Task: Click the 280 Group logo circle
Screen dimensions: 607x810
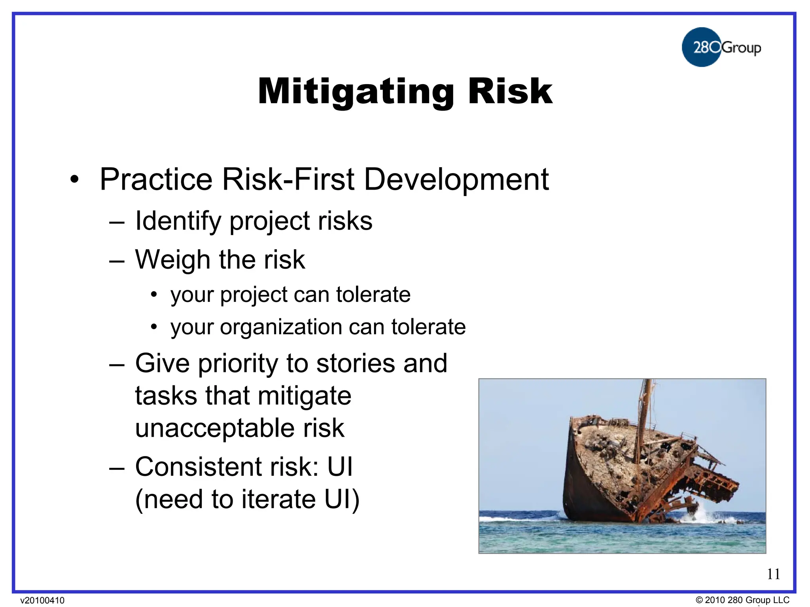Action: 701,47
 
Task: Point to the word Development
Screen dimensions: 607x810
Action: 456,180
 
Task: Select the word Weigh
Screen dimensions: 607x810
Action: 172,260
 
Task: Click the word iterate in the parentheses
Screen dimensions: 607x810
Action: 278,500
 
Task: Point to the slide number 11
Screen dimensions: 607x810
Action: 773,574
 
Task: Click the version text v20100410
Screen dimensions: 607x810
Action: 42,600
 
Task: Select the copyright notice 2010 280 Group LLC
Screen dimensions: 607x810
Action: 742,600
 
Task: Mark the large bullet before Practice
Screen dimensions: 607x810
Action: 74,180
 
